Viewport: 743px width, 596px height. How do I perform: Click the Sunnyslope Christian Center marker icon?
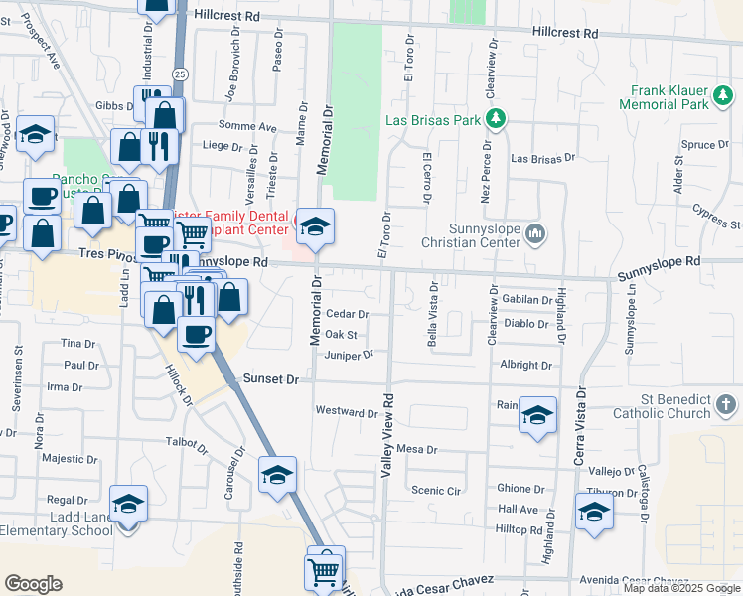[536, 234]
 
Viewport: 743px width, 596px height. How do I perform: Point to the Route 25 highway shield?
[179, 74]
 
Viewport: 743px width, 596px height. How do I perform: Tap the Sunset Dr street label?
[271, 379]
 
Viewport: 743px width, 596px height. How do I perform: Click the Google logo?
[33, 583]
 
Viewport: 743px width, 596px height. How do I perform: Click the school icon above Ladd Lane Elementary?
[128, 504]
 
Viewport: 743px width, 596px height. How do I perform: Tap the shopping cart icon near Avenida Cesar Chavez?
[324, 571]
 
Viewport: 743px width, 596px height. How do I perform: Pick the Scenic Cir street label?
[437, 490]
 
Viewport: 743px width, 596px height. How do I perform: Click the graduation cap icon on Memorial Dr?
[315, 228]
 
